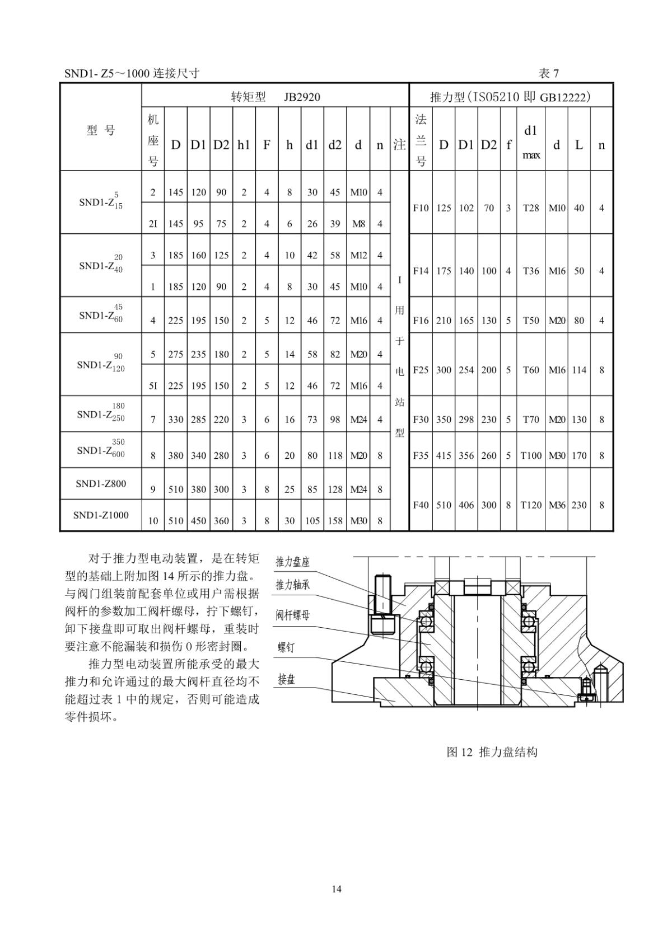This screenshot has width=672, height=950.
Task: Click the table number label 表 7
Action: pos(548,74)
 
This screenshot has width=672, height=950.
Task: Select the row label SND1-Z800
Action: pos(101,483)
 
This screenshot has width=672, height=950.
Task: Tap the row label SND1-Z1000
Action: pos(101,515)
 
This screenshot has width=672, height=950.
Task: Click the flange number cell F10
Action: pos(421,208)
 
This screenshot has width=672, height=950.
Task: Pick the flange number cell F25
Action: pos(421,370)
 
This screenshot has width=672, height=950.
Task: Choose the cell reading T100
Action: pos(531,456)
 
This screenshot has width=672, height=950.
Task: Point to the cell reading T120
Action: pos(531,505)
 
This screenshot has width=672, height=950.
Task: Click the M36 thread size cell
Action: pos(557,505)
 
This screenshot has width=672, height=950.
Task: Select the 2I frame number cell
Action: pos(153,224)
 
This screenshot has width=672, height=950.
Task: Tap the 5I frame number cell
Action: pos(153,386)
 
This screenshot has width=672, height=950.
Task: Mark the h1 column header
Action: pos(244,145)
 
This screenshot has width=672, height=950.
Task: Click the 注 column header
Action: pos(399,145)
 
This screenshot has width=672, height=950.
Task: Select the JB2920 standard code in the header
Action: pos(302,97)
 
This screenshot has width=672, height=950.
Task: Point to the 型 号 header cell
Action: pos(101,130)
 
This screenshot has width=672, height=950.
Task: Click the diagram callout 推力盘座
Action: pos(292,562)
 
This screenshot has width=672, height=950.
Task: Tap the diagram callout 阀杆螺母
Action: pos(292,615)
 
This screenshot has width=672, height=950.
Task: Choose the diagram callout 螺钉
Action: pos(286,648)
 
